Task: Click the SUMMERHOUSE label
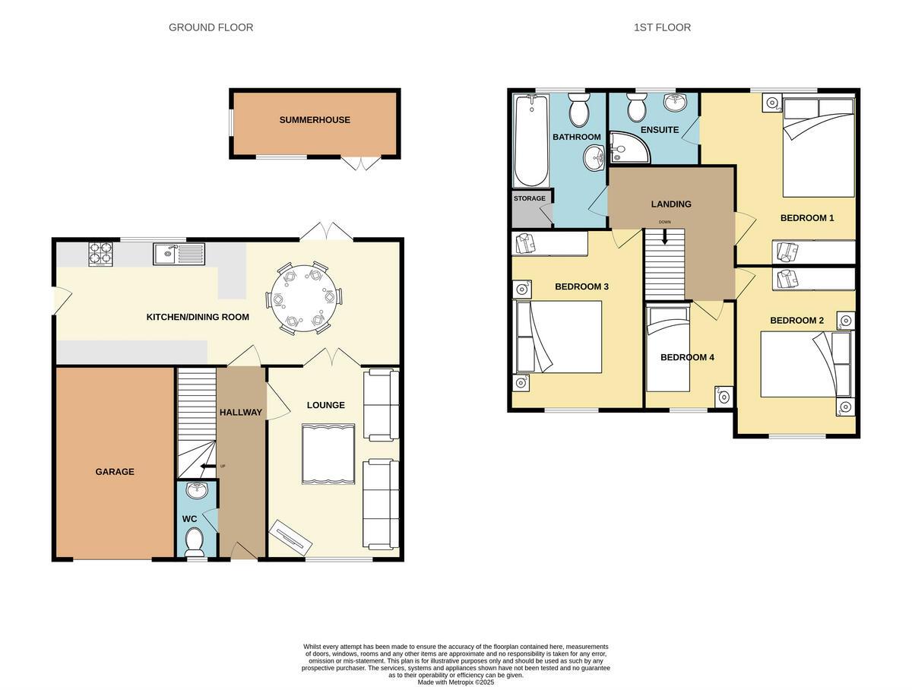click(x=315, y=120)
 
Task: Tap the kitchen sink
click(x=178, y=254)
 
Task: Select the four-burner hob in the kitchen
click(x=100, y=253)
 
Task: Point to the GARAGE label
click(x=115, y=472)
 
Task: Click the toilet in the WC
click(x=195, y=542)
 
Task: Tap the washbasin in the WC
click(x=196, y=490)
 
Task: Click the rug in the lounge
click(x=328, y=454)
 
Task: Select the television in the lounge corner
click(x=290, y=536)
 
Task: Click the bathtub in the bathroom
click(x=531, y=141)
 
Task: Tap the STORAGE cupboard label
click(x=530, y=198)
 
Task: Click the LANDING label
click(x=671, y=204)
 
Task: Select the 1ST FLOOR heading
click(x=662, y=27)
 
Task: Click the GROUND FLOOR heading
click(x=211, y=27)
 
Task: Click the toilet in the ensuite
click(x=637, y=109)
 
